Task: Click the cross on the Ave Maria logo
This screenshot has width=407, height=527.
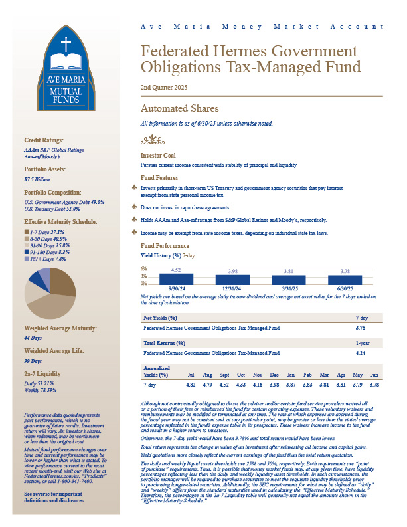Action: click(66, 45)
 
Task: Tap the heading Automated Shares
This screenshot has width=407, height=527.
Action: click(179, 108)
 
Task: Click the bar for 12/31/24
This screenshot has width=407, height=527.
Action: click(232, 280)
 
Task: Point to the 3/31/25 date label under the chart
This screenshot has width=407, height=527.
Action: click(289, 288)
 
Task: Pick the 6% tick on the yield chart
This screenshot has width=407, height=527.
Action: click(143, 268)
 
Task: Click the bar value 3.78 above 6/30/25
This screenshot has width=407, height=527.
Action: click(345, 271)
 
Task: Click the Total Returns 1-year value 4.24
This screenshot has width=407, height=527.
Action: click(362, 354)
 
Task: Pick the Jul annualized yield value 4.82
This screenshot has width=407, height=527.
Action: click(191, 385)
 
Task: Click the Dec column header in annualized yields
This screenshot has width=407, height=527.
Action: click(274, 375)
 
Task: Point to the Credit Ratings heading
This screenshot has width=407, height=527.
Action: click(44, 140)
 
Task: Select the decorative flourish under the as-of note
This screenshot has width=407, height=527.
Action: click(153, 140)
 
